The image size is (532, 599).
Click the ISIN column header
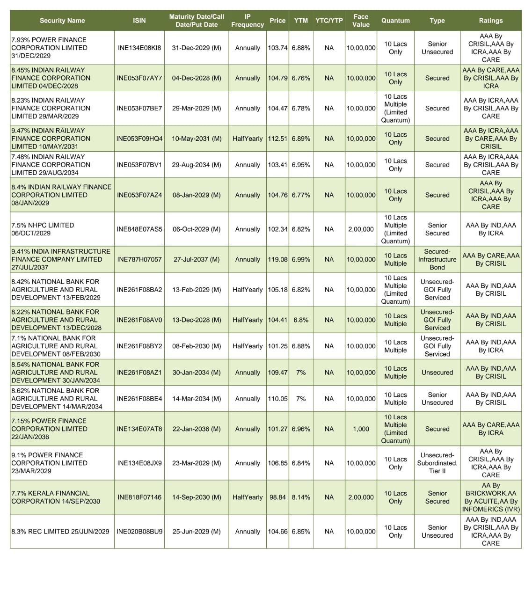139,21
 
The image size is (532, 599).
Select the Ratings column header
490,21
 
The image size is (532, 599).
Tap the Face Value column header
361,21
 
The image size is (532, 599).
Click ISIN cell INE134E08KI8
139,48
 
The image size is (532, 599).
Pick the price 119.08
277,259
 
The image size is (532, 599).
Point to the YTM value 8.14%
301,497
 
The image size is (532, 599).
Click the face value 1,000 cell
361,429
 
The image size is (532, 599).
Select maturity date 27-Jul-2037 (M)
197,259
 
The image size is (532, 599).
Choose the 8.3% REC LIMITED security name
60,531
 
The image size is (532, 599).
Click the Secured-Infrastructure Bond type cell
437,259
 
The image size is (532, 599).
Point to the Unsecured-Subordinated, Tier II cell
437,463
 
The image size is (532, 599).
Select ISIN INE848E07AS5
139,229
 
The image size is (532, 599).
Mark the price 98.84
277,497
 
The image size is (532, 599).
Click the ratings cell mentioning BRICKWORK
490,497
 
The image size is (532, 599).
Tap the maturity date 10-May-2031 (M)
197,139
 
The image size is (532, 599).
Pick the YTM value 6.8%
301,320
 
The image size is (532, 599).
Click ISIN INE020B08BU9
139,531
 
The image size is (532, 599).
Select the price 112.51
277,139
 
